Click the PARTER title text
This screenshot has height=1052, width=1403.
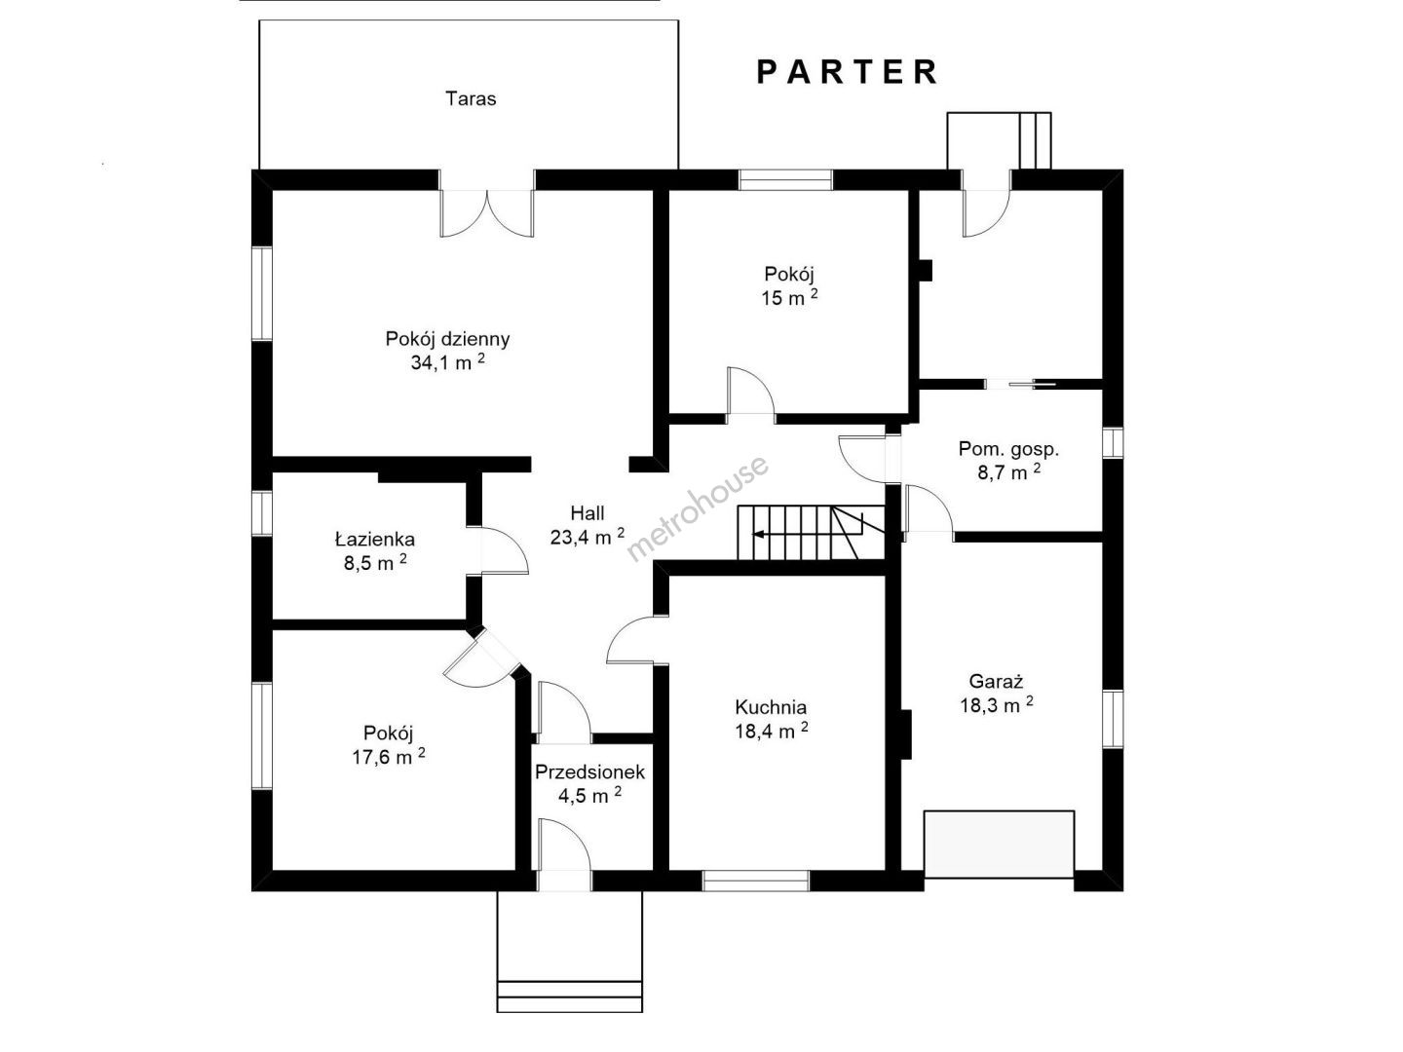(x=847, y=72)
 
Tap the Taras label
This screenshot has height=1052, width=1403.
(x=471, y=99)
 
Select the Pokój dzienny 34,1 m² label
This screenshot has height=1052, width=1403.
(x=447, y=350)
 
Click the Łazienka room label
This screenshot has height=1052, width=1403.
(x=375, y=551)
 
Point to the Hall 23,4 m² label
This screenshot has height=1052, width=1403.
(x=588, y=525)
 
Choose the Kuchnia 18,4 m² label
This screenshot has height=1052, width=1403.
(x=771, y=719)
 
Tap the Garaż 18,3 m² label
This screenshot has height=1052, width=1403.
(x=997, y=693)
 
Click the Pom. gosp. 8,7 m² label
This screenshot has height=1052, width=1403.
(x=1008, y=461)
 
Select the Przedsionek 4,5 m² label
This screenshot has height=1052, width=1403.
(x=590, y=784)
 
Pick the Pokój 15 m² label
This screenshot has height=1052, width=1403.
(x=789, y=286)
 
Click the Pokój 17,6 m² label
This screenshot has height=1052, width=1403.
(x=389, y=745)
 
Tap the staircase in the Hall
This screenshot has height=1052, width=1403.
(x=812, y=533)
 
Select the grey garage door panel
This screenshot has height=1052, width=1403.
(x=999, y=844)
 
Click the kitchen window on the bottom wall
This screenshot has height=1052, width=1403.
(x=755, y=881)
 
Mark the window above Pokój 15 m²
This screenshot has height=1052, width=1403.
(x=786, y=180)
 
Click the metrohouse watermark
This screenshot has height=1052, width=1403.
(x=698, y=508)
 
